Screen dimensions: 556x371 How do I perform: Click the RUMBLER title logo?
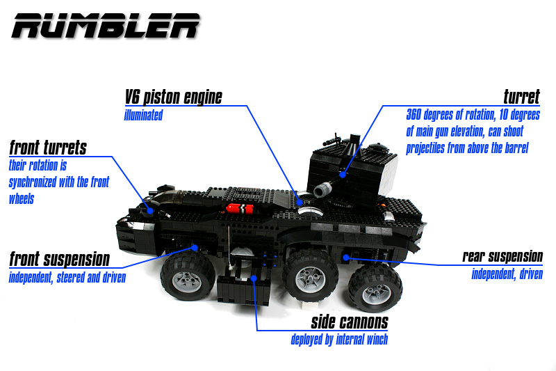click(x=106, y=26)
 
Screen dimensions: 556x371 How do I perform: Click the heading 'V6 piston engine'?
click(x=173, y=97)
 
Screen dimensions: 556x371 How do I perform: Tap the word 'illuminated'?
click(x=143, y=115)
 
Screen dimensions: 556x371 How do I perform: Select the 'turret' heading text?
click(x=522, y=97)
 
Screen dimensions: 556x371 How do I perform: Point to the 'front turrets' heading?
click(x=48, y=148)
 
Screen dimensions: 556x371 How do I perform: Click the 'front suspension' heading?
click(x=60, y=259)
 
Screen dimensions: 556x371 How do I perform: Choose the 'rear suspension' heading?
click(x=502, y=256)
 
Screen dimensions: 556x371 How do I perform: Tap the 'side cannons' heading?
click(x=350, y=322)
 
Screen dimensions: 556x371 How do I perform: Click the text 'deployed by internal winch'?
click(x=339, y=340)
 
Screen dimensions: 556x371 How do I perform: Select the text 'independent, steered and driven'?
click(x=67, y=277)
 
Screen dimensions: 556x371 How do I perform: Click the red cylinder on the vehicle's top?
click(x=240, y=208)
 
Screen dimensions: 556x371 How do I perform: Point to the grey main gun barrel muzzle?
click(x=320, y=190)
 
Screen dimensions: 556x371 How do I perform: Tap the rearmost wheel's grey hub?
click(x=375, y=294)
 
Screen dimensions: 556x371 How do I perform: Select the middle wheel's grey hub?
click(x=311, y=278)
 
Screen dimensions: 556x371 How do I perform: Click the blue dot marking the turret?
click(x=343, y=175)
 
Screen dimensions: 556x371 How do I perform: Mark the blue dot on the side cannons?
click(x=254, y=278)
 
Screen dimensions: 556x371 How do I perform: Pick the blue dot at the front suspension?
click(x=195, y=247)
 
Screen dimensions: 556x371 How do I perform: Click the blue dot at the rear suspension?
click(x=346, y=257)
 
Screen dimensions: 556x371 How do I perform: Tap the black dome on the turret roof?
click(x=376, y=146)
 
